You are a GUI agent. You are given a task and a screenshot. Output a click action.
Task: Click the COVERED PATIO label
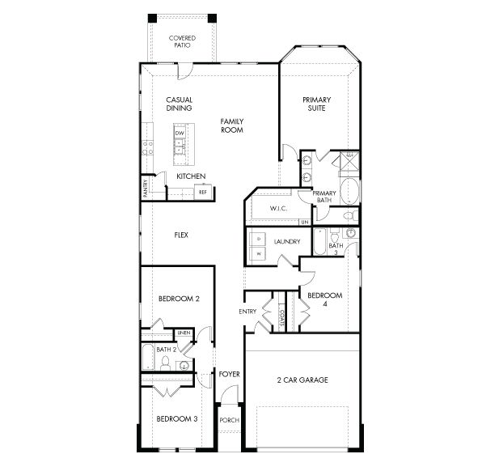click(x=181, y=41)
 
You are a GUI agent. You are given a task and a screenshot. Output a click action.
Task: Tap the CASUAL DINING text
click(x=179, y=103)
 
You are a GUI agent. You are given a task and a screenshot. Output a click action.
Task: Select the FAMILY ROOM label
click(x=232, y=125)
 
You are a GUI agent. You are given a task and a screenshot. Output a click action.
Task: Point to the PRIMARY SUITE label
click(x=317, y=104)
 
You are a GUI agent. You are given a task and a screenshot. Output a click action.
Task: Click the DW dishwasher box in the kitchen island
click(x=180, y=133)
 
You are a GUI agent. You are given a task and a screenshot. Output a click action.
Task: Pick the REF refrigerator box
click(x=203, y=192)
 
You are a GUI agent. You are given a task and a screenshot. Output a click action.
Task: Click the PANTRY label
click(x=146, y=188)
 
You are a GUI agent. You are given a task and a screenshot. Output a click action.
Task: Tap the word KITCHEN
click(x=191, y=176)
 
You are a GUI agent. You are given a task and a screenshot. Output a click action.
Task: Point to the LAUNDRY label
click(x=287, y=242)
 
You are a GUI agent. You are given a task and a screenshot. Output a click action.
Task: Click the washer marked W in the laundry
click(x=259, y=253)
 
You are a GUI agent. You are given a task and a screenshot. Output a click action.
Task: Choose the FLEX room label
click(x=181, y=235)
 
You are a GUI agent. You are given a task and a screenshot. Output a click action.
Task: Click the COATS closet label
click(x=281, y=316)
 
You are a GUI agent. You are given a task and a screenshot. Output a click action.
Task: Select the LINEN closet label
click(x=184, y=333)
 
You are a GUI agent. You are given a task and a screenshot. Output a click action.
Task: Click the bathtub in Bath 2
click(x=149, y=357)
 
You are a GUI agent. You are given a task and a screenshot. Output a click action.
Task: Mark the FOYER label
click(x=230, y=375)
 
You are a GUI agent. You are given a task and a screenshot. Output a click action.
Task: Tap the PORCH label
click(x=229, y=421)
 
